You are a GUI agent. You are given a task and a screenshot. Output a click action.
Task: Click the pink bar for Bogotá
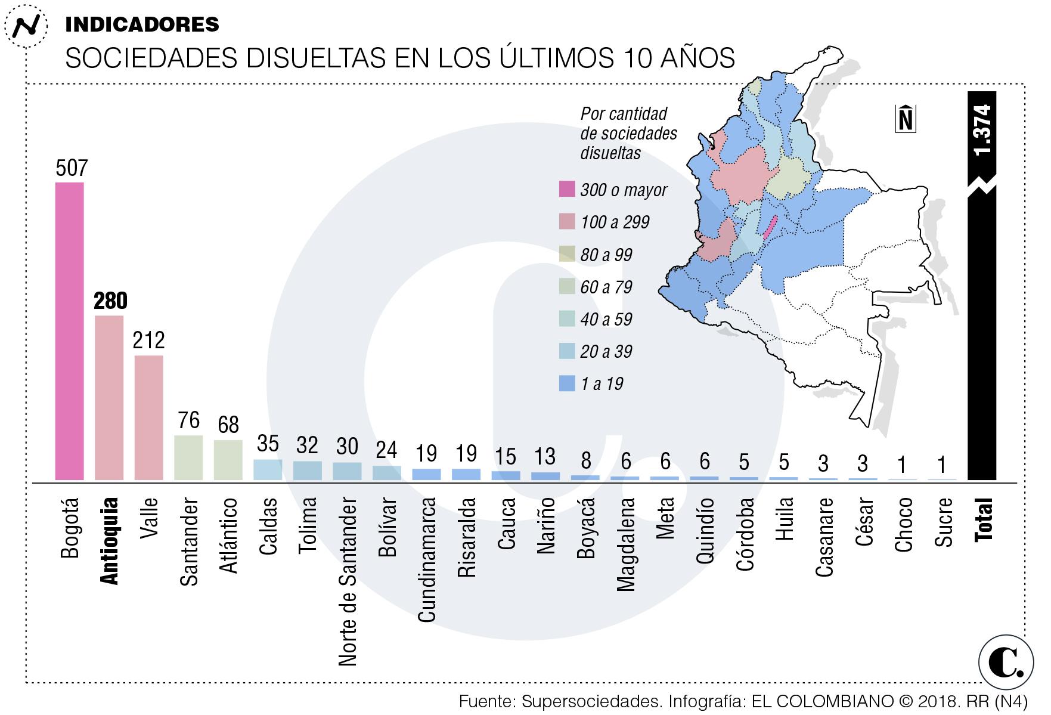tap(70, 331)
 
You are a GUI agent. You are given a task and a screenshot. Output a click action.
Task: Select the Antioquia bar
tap(109, 397)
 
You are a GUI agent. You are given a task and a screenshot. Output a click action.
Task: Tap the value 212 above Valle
tap(148, 340)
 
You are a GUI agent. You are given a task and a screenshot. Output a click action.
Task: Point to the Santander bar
tap(188, 457)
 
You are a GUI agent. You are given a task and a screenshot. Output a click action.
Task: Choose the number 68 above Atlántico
tap(228, 425)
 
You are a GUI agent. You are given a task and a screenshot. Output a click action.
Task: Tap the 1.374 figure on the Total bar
tap(982, 130)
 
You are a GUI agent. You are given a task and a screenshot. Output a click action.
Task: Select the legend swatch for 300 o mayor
tap(567, 190)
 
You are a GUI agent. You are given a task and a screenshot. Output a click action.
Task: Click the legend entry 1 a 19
tap(602, 383)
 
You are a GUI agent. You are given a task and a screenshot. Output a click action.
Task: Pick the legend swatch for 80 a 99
tap(567, 254)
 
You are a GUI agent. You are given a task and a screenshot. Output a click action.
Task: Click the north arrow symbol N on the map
tap(906, 119)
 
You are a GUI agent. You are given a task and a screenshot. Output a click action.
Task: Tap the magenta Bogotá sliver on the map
tap(769, 228)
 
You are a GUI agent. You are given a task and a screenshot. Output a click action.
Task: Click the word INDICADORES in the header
tap(142, 24)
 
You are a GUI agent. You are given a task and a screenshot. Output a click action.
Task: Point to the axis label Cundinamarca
tap(426, 561)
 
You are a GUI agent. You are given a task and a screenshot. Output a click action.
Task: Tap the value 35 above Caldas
tap(268, 444)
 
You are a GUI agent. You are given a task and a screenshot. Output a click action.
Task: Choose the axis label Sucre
tap(943, 522)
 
